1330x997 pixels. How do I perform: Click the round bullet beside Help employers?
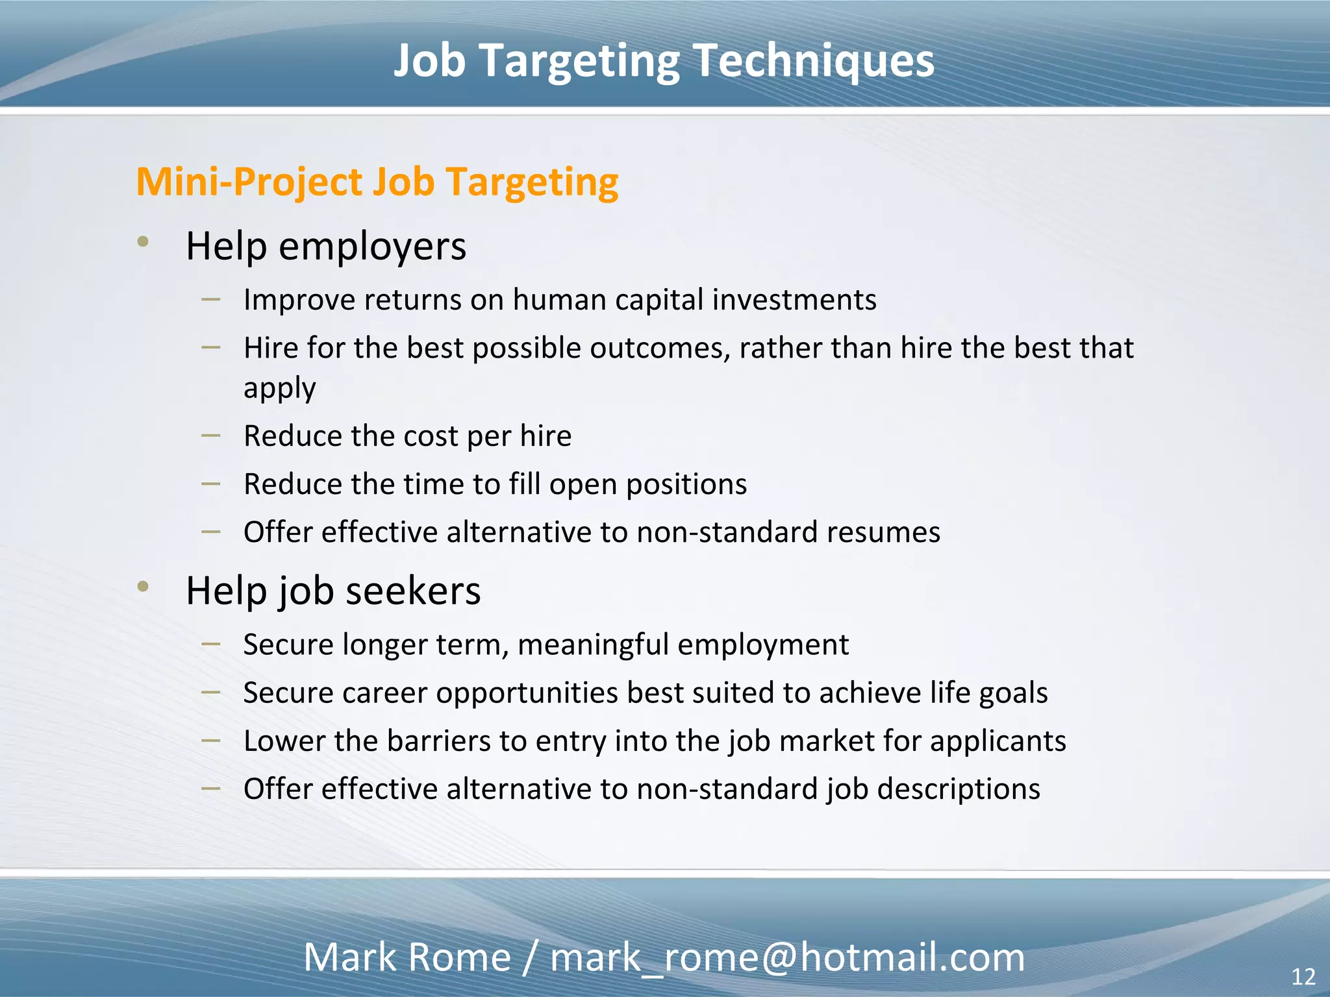click(x=144, y=242)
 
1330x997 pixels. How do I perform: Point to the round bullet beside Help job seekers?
click(x=144, y=587)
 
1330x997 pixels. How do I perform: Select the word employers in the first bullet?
click(x=372, y=247)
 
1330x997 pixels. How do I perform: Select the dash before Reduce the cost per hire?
click(x=210, y=435)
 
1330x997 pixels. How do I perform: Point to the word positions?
click(x=686, y=485)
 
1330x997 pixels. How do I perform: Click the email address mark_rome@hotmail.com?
click(x=787, y=957)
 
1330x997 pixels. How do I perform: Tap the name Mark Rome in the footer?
click(x=407, y=957)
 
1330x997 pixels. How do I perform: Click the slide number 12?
click(x=1303, y=977)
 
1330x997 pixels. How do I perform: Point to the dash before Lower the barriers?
click(x=210, y=740)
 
